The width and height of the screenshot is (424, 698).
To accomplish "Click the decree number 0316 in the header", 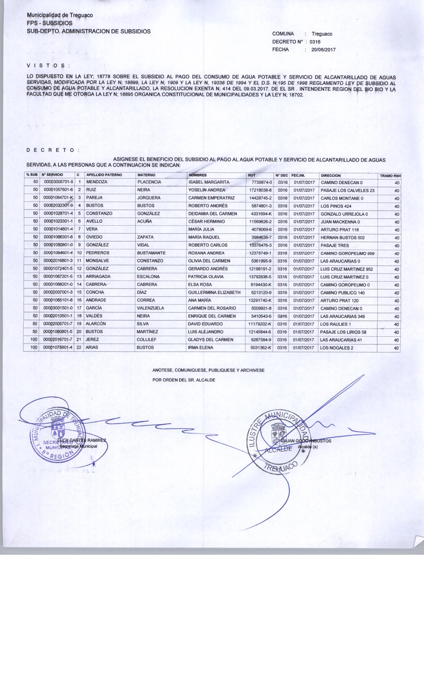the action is click(315, 42).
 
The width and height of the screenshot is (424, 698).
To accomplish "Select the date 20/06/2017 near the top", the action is click(323, 50).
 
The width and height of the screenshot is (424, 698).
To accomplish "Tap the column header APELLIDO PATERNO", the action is click(104, 175).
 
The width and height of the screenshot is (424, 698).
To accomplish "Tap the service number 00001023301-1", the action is click(58, 221).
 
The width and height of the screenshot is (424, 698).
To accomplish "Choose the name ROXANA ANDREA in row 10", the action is click(206, 253).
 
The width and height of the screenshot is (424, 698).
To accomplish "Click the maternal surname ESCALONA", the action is click(148, 277).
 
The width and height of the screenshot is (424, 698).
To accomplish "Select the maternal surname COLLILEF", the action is click(147, 340).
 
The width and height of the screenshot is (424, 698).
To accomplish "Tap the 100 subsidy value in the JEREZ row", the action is click(33, 340).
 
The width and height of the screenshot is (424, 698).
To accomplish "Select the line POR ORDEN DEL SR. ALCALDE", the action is click(184, 380).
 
